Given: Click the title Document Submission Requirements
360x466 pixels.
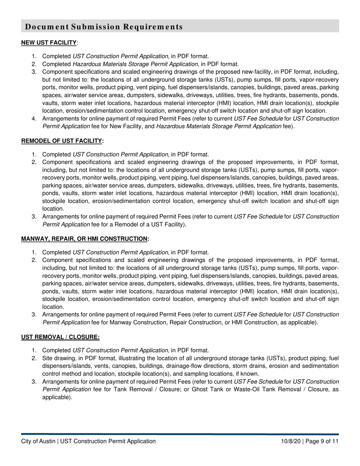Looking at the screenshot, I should [x=104, y=27].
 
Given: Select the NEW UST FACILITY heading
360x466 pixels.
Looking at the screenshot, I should [x=49, y=43].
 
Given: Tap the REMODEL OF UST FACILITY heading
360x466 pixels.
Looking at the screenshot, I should [x=62, y=141].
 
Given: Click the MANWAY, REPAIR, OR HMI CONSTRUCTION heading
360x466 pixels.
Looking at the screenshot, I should [x=84, y=239].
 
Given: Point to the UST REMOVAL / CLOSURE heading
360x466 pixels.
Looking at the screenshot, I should [x=60, y=337].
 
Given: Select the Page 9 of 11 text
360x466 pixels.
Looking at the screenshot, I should [x=322, y=441].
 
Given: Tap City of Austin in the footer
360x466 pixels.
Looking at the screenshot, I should [x=38, y=441].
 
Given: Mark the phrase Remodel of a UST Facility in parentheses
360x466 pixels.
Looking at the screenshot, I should [x=150, y=224].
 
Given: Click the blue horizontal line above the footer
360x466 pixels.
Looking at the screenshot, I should [x=180, y=434].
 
